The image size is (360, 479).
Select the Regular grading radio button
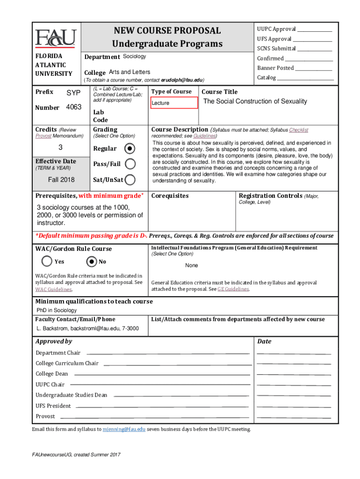[x=130, y=148]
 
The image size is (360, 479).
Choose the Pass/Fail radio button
[x=131, y=164]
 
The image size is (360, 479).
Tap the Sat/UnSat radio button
[x=131, y=179]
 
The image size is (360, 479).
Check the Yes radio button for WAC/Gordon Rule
[x=47, y=261]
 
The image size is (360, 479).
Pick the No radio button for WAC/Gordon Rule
[x=92, y=261]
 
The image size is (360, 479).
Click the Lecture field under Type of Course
[x=173, y=103]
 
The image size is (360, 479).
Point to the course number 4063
[x=74, y=107]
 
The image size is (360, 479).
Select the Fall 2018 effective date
[x=61, y=180]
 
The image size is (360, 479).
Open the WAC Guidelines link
[x=53, y=290]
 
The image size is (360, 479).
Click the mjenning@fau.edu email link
[x=124, y=429]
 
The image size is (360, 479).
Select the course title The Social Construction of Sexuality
[x=255, y=102]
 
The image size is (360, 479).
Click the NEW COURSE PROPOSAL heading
[x=167, y=31]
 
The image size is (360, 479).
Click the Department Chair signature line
[x=168, y=353]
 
